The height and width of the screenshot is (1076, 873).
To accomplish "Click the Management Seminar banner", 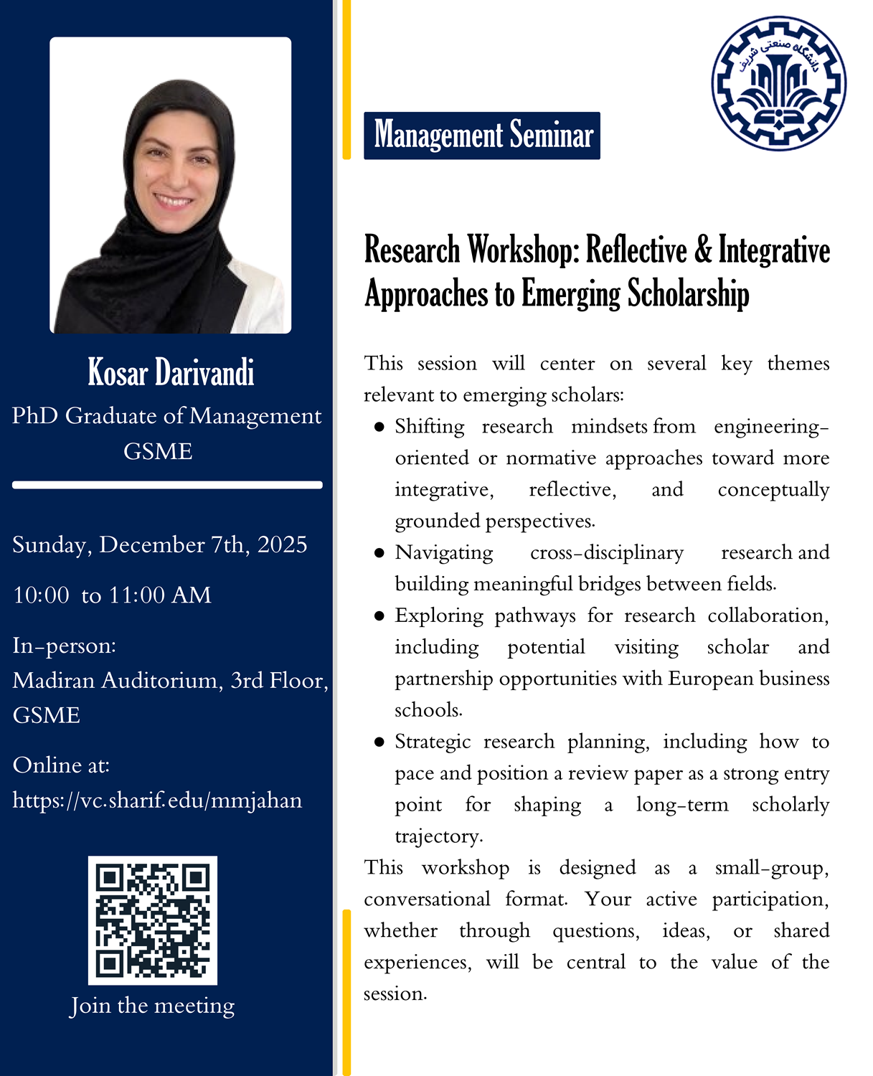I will (482, 135).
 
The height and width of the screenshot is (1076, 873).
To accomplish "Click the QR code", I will (152, 920).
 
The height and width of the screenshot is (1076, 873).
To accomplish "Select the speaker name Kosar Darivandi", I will (171, 372).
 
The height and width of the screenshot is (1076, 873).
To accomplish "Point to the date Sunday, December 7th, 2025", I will (160, 544).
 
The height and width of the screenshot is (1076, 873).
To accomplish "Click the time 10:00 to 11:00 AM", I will (112, 595).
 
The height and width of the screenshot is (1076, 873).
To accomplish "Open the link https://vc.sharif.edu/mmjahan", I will (157, 800).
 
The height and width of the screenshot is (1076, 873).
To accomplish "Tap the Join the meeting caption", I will (152, 1006).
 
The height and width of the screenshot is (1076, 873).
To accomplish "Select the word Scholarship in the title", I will (688, 293).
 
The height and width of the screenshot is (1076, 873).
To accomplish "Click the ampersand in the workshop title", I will (704, 250).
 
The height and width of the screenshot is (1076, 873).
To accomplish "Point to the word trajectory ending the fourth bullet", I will (438, 836).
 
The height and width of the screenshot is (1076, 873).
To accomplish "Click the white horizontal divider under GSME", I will (167, 485).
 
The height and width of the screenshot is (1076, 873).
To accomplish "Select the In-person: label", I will (65, 646).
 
